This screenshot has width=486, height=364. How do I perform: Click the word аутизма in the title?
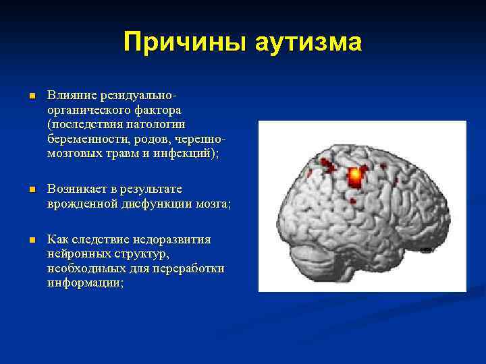[x=308, y=42]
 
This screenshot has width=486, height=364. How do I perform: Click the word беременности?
[x=85, y=139]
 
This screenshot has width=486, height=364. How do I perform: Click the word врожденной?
[x=80, y=204]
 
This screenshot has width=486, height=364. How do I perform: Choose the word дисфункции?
[x=157, y=204]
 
